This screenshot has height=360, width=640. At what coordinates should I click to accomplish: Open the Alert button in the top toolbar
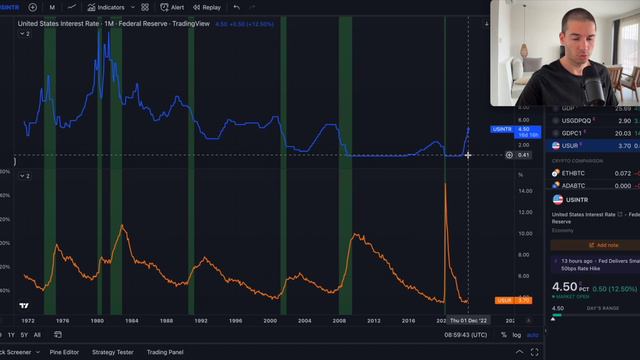pyautogui.click(x=172, y=7)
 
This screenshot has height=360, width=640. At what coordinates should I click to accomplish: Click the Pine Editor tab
pyautogui.click(x=64, y=352)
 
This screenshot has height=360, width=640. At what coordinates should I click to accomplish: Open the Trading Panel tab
pyautogui.click(x=164, y=352)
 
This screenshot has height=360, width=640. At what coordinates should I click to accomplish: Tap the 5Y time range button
pyautogui.click(x=23, y=334)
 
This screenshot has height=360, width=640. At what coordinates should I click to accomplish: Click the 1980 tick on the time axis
pyautogui.click(x=96, y=321)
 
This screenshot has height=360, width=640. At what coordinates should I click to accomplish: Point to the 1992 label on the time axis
pyautogui.click(x=200, y=321)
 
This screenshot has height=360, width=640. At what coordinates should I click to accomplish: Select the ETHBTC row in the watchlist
pyautogui.click(x=574, y=173)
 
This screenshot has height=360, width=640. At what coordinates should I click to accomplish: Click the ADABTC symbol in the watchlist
pyautogui.click(x=574, y=185)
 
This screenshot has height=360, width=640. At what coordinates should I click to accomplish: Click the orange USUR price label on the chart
pyautogui.click(x=505, y=300)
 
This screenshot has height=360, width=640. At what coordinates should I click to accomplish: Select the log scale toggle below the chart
pyautogui.click(x=516, y=334)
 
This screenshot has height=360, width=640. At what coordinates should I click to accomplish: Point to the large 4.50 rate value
pyautogui.click(x=566, y=287)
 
